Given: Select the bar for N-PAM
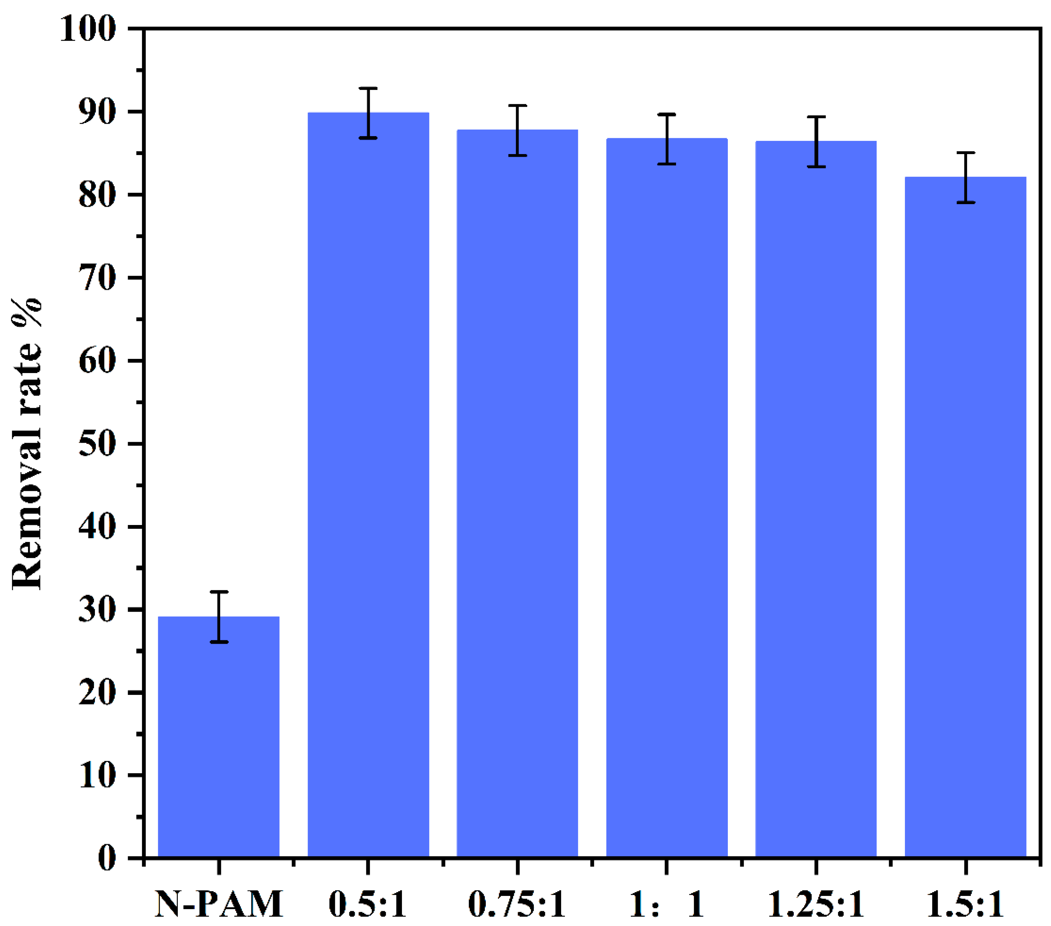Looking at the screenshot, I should tap(219, 736).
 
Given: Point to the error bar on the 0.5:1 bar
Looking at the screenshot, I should tap(368, 113).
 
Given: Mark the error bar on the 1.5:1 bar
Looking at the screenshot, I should tap(966, 178).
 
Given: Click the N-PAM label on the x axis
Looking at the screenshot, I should tap(219, 904).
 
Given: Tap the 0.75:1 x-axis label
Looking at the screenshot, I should tap(517, 904).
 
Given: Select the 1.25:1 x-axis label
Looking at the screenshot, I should tap(816, 904).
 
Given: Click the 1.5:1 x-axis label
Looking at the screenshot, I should tap(965, 904).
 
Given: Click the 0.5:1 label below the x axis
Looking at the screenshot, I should tap(368, 904).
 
